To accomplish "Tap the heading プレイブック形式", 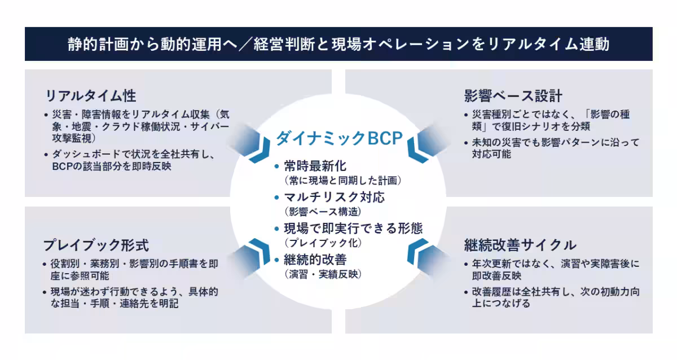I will pos(96,245).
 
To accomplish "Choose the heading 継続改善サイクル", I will pos(520,245).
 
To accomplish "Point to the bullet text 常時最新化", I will pos(315,166).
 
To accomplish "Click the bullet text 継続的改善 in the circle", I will pos(315,260).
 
